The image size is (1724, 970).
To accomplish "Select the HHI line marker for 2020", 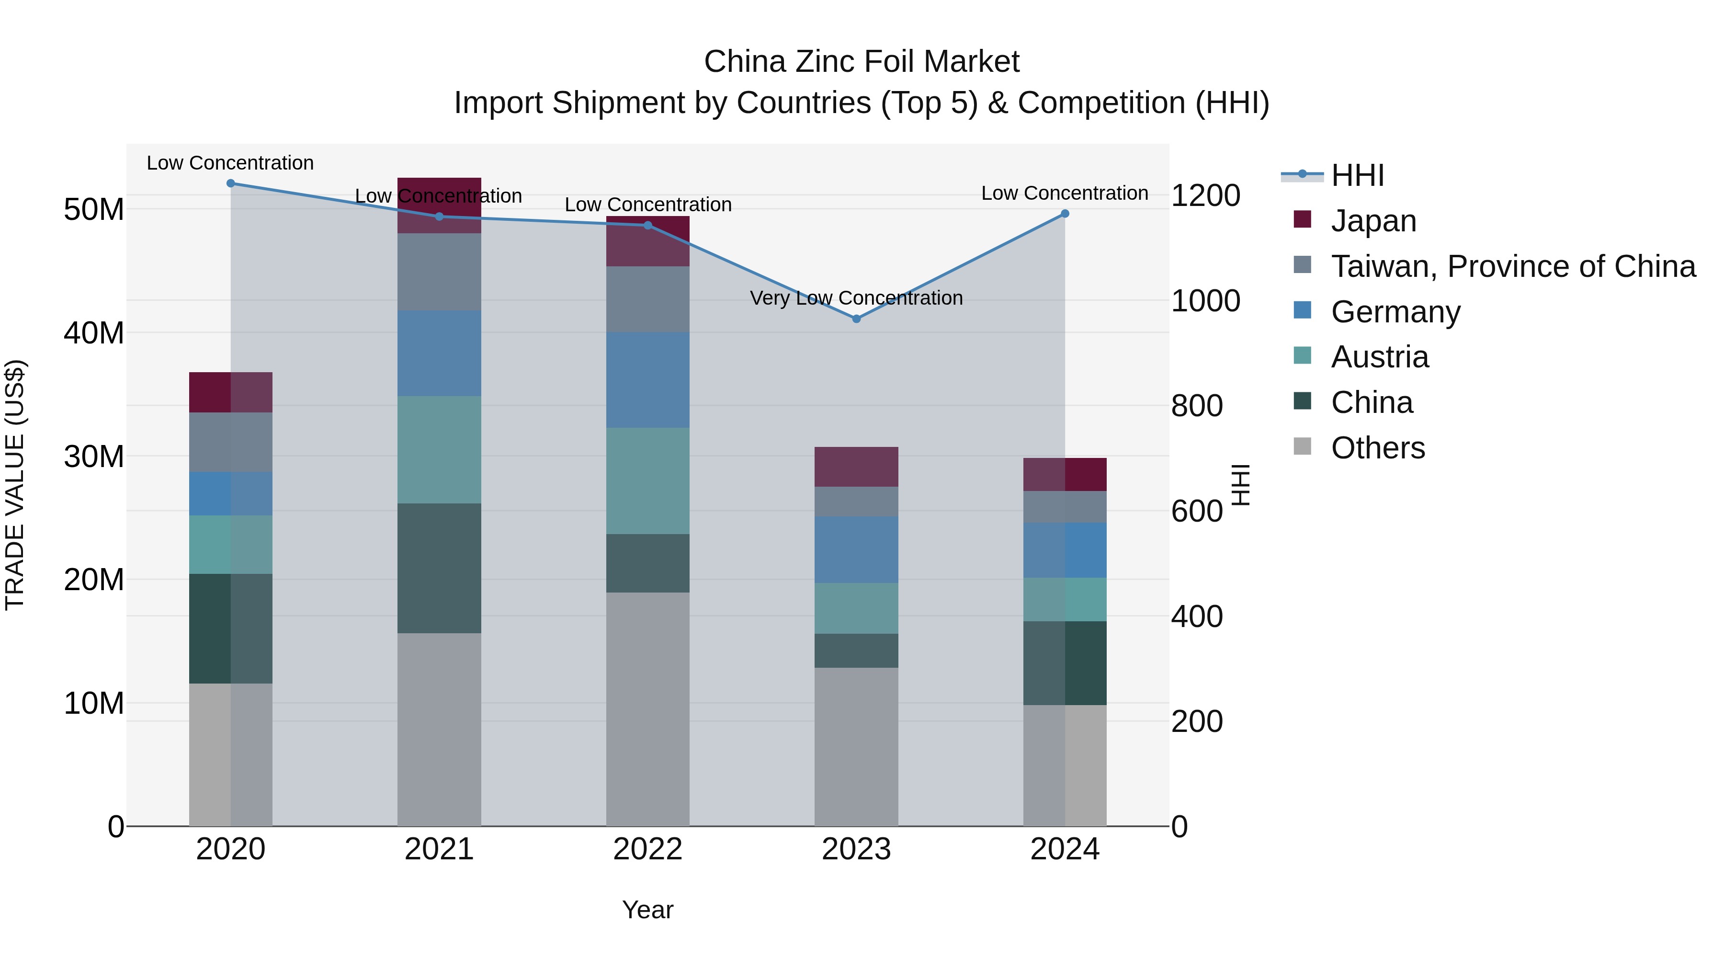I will tap(231, 183).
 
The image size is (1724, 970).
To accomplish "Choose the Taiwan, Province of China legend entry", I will tap(1512, 266).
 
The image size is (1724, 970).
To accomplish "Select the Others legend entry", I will tap(1377, 448).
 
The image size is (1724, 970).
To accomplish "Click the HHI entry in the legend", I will tap(1357, 175).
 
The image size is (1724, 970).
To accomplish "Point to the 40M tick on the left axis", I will tap(94, 333).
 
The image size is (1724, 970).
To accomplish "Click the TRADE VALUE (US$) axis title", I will tap(15, 485).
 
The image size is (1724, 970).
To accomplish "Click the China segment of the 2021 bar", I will tap(439, 568).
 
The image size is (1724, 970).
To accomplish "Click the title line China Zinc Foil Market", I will tap(862, 62).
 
